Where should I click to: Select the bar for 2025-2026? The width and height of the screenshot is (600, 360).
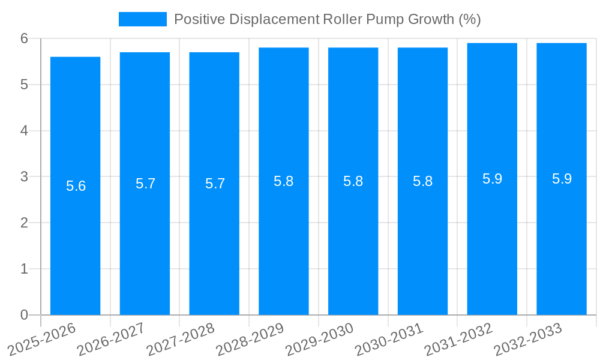coord(75,240)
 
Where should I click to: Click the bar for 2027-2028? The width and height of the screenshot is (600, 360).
coord(214,240)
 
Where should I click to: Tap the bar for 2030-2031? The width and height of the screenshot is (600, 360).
coord(422,240)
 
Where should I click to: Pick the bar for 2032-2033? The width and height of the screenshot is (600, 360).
coord(562,240)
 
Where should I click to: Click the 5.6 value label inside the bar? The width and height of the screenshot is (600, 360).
coord(76,186)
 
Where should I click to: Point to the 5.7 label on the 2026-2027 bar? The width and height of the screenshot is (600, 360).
coord(145,184)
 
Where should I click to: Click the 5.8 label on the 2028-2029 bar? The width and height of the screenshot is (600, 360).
coord(283,181)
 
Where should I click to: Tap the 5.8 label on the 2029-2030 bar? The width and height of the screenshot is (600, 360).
coord(353,181)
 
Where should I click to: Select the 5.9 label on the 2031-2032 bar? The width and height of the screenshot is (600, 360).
coord(492,179)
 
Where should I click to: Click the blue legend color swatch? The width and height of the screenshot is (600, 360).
coord(143,19)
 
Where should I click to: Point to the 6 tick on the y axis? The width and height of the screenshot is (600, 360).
coord(24,38)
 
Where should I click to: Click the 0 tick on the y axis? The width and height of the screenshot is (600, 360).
coord(24,315)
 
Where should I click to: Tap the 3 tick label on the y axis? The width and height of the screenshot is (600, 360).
coord(24,177)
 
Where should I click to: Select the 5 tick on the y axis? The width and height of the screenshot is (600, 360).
coord(24,85)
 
